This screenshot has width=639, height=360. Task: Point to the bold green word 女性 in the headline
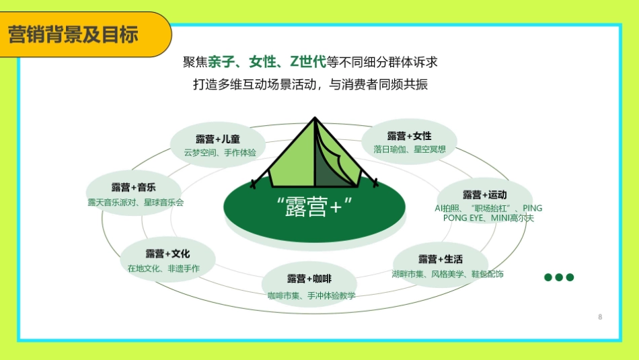pos(263,63)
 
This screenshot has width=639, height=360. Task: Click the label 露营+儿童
pos(218,139)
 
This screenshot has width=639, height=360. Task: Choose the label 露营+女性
pos(409,137)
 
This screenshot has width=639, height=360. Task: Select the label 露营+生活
pos(441,259)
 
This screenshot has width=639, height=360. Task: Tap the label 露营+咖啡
pos(309,279)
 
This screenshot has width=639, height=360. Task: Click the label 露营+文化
pos(167,254)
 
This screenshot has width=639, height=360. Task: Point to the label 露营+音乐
pos(133,187)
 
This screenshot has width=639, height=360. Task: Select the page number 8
pos(599,317)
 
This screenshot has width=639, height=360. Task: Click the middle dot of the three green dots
pos(559,277)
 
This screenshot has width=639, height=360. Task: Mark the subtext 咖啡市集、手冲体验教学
pos(311,295)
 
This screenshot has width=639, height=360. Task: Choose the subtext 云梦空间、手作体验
pos(220,153)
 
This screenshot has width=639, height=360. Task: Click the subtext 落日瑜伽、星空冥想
pos(410,149)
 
